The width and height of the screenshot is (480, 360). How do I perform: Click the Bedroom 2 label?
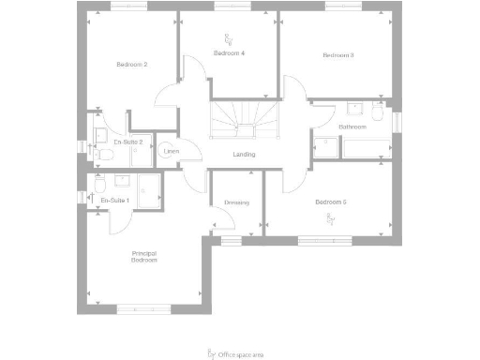(x=132, y=65)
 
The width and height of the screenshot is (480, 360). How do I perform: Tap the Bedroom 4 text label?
(x=229, y=53)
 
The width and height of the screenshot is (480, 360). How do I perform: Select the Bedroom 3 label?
(x=337, y=55)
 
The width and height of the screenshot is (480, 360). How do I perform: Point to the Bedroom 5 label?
(x=331, y=202)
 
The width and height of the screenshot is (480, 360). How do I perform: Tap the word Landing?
(x=244, y=155)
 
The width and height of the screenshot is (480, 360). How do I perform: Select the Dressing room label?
(x=235, y=202)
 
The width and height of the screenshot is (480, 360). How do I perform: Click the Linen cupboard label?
(x=171, y=151)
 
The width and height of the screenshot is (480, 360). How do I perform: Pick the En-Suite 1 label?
(x=114, y=200)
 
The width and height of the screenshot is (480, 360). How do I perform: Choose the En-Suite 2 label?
(x=127, y=141)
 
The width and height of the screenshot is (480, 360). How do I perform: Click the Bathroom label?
(x=352, y=127)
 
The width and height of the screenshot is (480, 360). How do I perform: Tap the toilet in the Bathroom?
(x=376, y=112)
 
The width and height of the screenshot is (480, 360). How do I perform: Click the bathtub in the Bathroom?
(x=367, y=148)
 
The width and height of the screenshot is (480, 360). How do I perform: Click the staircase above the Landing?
(x=243, y=119)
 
